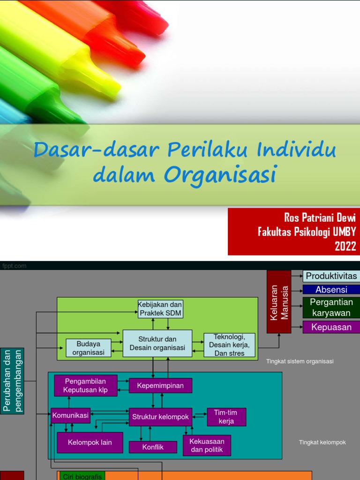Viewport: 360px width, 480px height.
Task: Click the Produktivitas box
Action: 331,276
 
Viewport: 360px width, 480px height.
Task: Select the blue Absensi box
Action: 331,290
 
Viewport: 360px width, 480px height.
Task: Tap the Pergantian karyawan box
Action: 331,307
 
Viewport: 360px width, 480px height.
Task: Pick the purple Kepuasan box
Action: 331,327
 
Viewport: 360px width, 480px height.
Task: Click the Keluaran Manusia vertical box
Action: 279,302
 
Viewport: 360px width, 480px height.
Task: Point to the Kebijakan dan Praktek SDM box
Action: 160,309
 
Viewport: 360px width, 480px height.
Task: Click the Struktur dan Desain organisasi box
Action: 157,344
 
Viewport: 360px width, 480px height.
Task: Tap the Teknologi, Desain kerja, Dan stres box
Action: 230,345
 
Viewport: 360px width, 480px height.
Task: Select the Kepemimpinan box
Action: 160,386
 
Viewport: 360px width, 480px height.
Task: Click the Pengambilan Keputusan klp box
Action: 85,386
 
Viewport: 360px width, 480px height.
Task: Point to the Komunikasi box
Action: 70,415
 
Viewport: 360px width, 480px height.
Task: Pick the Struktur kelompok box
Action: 160,417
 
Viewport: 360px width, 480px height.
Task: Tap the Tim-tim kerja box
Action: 226,417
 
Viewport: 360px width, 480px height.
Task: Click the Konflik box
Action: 153,447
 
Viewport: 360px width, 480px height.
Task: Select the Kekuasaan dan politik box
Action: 207,446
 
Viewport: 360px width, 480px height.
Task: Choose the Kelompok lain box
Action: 90,442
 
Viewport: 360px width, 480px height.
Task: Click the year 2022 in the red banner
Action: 345,246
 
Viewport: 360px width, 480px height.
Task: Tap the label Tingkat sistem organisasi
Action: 300,361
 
